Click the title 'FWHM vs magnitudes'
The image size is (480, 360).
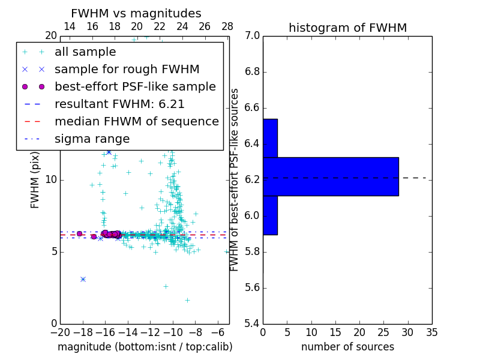(x=136, y=14)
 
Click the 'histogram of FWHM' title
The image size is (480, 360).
(x=347, y=28)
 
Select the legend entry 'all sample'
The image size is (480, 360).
(x=85, y=52)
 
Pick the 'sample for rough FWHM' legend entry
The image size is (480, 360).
(x=127, y=69)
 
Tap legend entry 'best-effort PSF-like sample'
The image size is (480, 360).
(x=135, y=86)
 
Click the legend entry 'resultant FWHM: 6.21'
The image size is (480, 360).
(x=119, y=104)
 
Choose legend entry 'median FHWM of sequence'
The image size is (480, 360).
(x=136, y=121)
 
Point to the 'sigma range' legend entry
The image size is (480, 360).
(x=92, y=139)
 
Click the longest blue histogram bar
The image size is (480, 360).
(x=331, y=176)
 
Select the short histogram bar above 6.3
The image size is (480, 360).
(x=270, y=138)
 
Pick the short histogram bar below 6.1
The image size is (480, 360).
(x=270, y=215)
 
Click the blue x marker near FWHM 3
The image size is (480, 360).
(x=83, y=279)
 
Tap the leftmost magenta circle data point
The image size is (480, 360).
(x=79, y=233)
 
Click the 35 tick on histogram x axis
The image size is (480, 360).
(x=431, y=332)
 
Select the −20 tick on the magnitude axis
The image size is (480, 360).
(x=60, y=332)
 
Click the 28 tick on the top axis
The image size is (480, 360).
(x=227, y=26)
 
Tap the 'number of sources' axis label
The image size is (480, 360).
(x=347, y=347)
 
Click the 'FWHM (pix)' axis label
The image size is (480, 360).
(x=35, y=179)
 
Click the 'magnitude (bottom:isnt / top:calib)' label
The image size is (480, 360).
(x=145, y=347)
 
